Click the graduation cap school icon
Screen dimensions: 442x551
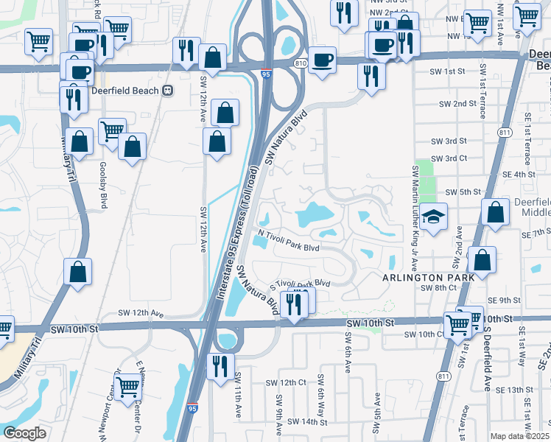434,216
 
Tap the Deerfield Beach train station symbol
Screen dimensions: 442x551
168,91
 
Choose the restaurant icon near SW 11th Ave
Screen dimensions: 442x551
220,365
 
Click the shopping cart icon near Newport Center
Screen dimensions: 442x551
128,384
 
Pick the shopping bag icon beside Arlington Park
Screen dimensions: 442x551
482,260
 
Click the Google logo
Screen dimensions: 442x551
24,432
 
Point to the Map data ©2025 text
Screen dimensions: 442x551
519,436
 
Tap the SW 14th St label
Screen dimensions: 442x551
307,422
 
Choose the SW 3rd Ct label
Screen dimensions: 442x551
449,158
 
